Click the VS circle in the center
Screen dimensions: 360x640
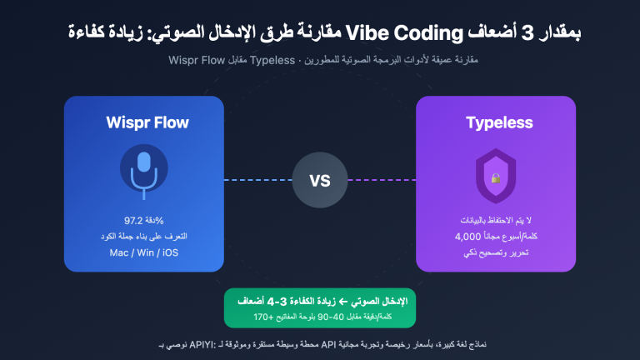point(320,180)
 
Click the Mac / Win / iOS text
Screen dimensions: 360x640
point(143,252)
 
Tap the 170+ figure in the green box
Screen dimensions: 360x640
point(268,317)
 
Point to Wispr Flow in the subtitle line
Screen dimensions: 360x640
point(196,60)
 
